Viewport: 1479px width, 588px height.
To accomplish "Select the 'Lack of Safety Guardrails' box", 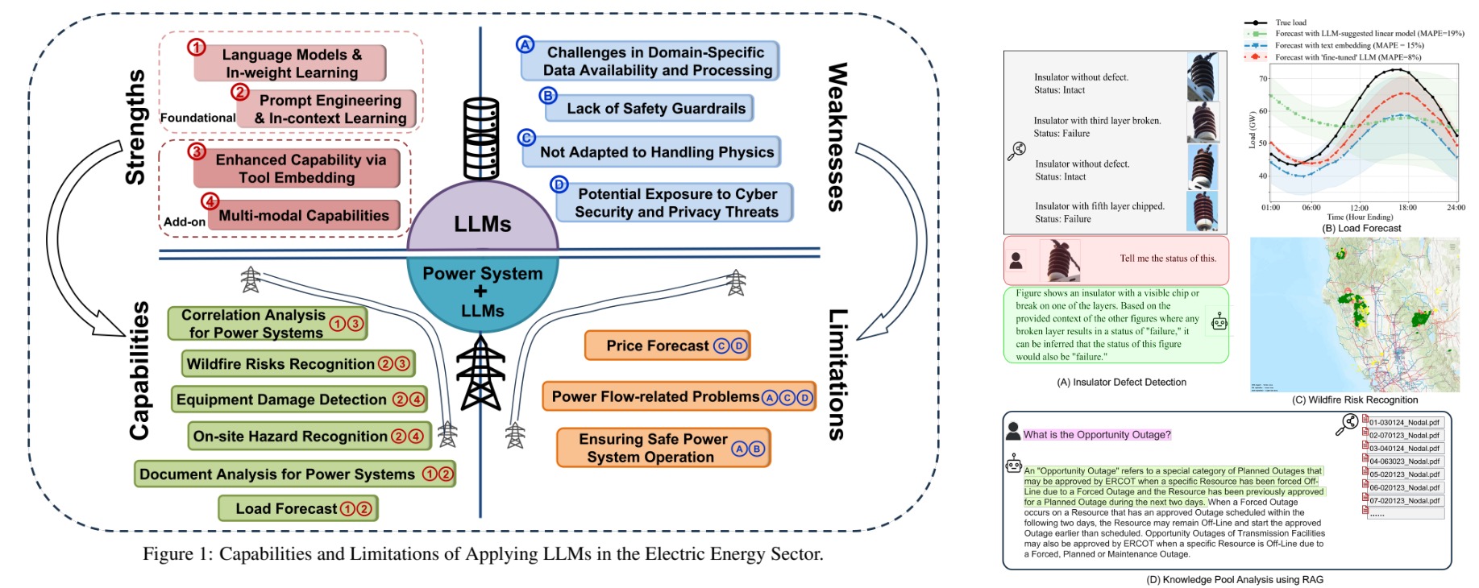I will pos(649,109).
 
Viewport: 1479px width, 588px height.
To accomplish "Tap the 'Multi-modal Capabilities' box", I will pos(304,216).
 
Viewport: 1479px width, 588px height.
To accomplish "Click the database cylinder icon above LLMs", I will pos(480,139).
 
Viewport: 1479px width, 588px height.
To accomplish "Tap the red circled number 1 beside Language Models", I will pos(197,48).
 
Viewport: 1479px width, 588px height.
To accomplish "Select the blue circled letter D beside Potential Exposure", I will pos(559,184).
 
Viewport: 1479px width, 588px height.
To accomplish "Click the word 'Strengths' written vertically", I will pos(135,127).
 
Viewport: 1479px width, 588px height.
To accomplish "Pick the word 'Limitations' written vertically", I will pos(838,375).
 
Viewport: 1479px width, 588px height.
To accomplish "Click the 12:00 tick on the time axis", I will pos(1359,208).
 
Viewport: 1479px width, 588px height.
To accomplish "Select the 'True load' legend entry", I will pos(1290,23).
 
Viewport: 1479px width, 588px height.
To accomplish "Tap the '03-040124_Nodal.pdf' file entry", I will pos(1403,449).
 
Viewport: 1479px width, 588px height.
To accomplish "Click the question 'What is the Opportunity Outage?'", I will pos(1096,435).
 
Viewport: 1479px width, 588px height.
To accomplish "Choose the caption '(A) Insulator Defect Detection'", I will pos(1121,383).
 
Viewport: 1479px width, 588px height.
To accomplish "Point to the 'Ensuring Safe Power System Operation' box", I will pos(663,449).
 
